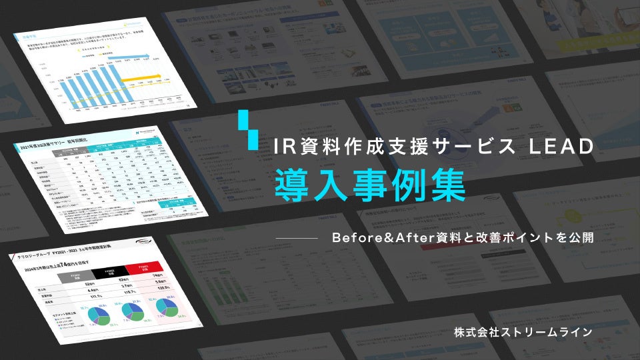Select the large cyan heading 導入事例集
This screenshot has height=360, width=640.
click(371, 186)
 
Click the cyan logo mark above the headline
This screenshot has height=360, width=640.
click(248, 129)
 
